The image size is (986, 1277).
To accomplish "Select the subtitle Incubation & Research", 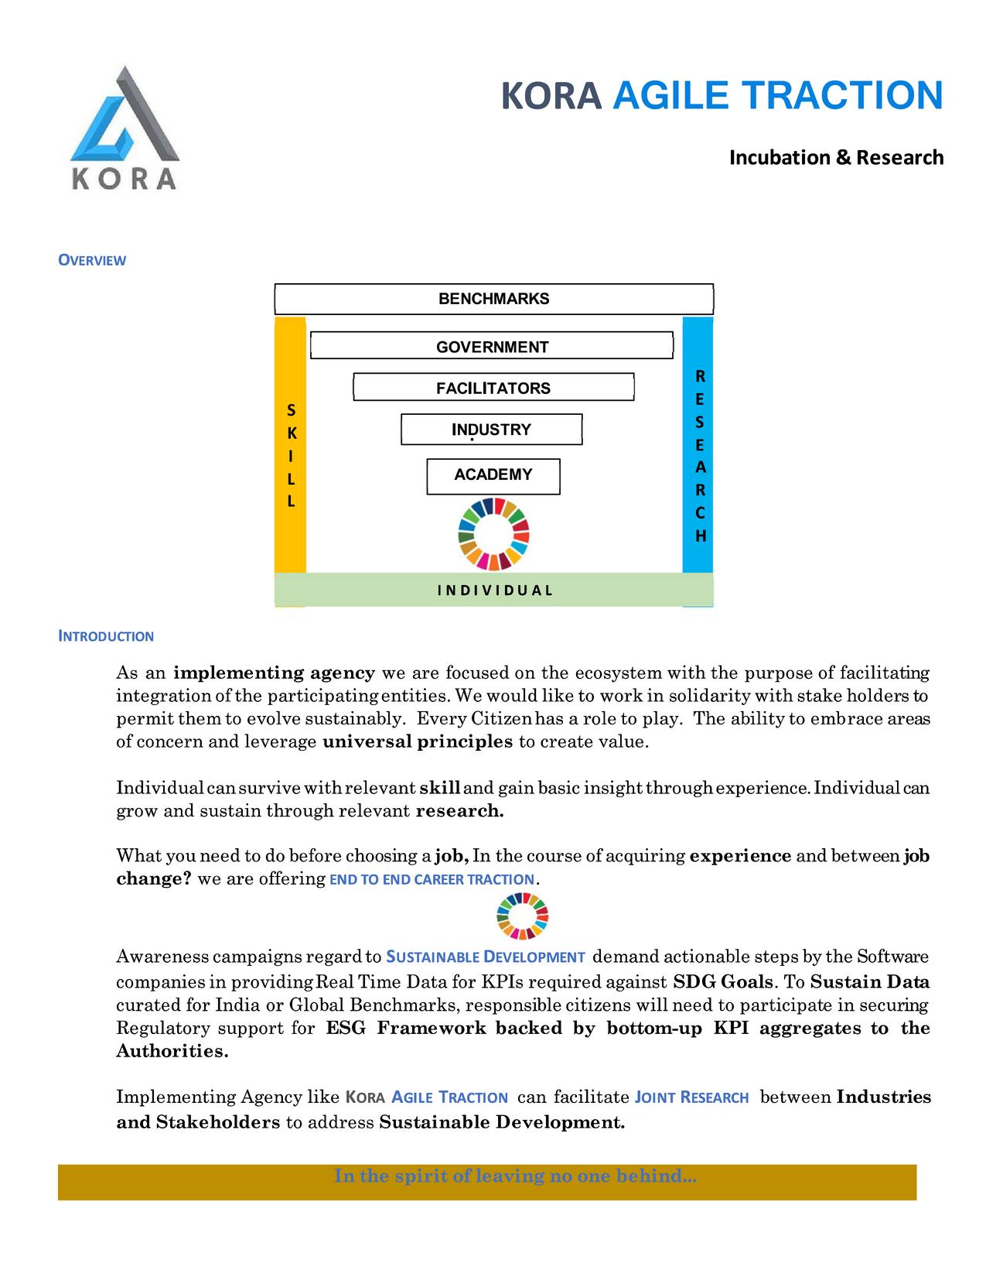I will click(836, 158).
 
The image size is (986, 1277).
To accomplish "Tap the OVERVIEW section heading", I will click(92, 260).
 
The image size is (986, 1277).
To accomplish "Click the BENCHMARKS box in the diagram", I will click(493, 299).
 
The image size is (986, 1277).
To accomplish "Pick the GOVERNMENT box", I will click(492, 347).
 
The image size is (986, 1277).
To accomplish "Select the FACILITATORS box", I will click(493, 388).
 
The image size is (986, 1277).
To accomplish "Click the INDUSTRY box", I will click(491, 430).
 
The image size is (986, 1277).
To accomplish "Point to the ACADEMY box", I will click(493, 475).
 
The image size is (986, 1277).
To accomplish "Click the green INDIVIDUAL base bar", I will click(494, 590).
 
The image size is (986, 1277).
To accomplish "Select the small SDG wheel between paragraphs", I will click(522, 915).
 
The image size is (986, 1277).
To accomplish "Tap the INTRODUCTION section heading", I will click(106, 636).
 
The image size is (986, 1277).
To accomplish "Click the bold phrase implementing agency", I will click(275, 673).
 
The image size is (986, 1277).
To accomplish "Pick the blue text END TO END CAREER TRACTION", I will click(432, 880).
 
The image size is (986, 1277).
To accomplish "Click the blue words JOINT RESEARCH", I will click(691, 1097).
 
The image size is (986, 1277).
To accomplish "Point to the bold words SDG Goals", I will click(722, 982).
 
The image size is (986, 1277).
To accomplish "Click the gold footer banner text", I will click(515, 1176).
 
